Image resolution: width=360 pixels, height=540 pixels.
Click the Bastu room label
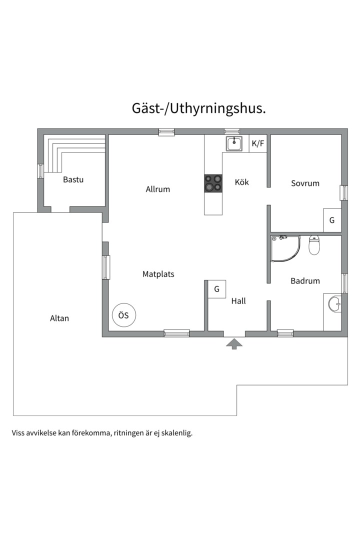[73, 179]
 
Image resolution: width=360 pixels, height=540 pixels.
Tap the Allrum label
[158, 189]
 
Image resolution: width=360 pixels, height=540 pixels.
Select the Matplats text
[158, 274]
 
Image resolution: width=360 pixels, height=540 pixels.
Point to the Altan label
[59, 318]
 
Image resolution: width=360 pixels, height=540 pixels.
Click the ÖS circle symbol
[124, 315]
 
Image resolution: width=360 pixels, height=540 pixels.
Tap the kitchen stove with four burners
[213, 183]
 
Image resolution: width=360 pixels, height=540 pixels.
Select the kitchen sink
[234, 143]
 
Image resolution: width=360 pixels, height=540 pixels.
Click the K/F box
[258, 143]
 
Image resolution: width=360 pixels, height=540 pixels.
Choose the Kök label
[242, 182]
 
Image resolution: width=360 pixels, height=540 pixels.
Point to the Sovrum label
[305, 183]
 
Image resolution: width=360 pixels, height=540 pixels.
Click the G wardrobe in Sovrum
[332, 220]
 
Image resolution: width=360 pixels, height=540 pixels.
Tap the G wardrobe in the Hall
[216, 289]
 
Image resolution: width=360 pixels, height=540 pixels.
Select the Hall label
[238, 301]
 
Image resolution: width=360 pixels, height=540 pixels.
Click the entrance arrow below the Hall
[234, 343]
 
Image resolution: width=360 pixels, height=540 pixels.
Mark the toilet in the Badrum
[314, 245]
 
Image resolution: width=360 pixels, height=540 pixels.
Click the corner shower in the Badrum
[285, 248]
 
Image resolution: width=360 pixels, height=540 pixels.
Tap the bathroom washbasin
[334, 304]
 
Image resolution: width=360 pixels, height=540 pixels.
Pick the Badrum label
[305, 280]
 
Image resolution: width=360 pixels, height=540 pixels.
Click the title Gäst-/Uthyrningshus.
[199, 108]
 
